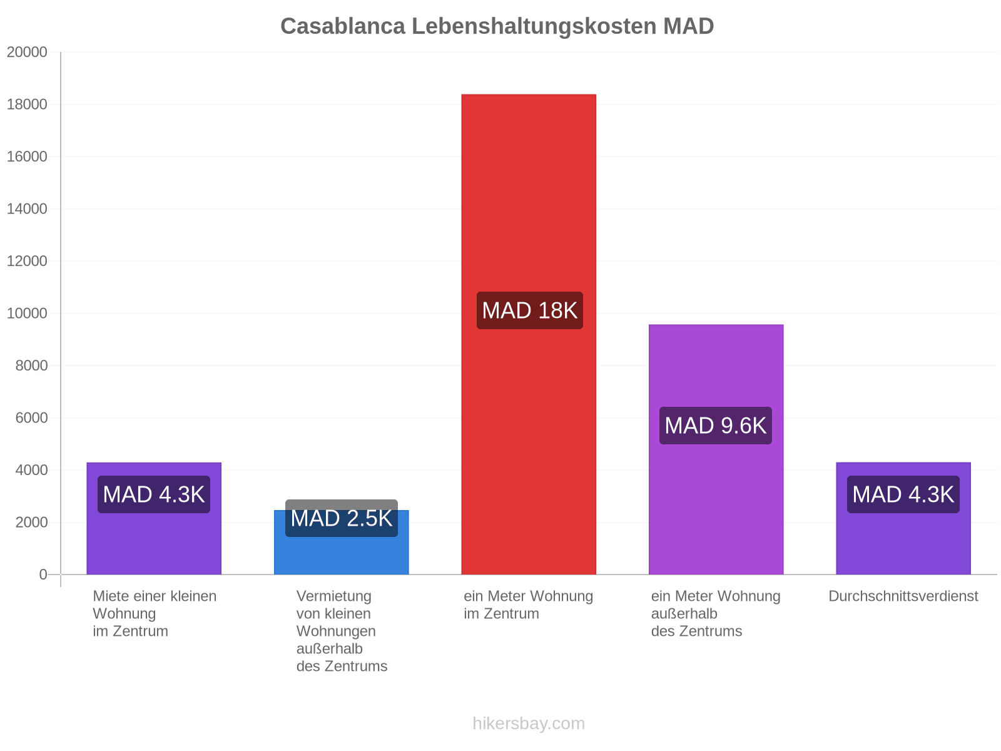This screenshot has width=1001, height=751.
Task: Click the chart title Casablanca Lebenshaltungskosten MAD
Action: pyautogui.click(x=497, y=26)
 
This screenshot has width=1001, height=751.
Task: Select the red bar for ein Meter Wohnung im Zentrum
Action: pyautogui.click(x=529, y=334)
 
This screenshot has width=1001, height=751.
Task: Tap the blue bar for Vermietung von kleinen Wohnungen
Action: pyautogui.click(x=341, y=542)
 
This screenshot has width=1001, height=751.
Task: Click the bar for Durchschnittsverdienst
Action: pyautogui.click(x=903, y=518)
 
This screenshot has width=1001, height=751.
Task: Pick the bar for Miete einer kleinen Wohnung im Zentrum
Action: pyautogui.click(x=154, y=518)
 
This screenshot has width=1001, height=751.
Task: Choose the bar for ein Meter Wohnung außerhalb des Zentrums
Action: pyautogui.click(x=716, y=449)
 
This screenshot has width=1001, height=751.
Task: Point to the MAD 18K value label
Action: pyautogui.click(x=529, y=310)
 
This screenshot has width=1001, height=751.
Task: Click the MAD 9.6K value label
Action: pyautogui.click(x=716, y=426)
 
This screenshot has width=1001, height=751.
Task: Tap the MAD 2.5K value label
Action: pyautogui.click(x=342, y=518)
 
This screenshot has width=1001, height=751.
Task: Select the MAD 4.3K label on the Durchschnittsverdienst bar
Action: pyautogui.click(x=903, y=494)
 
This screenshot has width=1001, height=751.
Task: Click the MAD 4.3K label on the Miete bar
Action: pyautogui.click(x=154, y=494)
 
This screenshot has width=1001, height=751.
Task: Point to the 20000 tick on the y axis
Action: pyautogui.click(x=27, y=52)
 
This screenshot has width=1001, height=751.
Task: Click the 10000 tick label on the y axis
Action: pyautogui.click(x=27, y=314)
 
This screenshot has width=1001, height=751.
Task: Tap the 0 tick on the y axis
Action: pyautogui.click(x=43, y=575)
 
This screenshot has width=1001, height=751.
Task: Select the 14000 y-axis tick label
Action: pyautogui.click(x=27, y=209)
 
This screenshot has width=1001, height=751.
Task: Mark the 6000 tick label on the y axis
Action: pyautogui.click(x=31, y=417)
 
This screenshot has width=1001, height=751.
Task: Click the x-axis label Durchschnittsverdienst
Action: pyautogui.click(x=903, y=596)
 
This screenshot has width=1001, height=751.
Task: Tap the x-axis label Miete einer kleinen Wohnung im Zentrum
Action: pyautogui.click(x=155, y=613)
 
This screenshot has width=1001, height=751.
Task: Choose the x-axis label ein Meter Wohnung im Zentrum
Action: pyautogui.click(x=529, y=605)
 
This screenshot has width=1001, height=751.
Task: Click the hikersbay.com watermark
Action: pyautogui.click(x=529, y=723)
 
